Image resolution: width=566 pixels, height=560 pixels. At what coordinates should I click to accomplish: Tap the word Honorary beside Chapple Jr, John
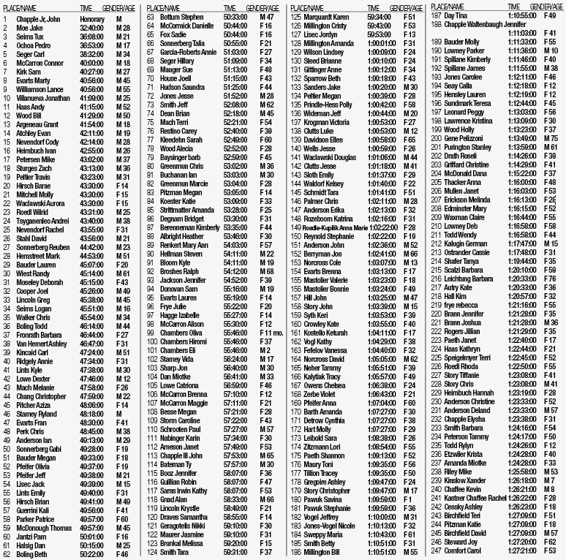coord(91,18)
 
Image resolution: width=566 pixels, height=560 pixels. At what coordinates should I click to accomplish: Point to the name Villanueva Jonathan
coord(43,97)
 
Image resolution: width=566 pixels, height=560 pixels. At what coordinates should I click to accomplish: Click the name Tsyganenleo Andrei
coord(43,220)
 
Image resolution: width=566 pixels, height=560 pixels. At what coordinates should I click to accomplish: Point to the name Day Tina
coord(455,15)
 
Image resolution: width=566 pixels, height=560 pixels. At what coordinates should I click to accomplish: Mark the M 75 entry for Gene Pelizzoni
coord(550,138)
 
